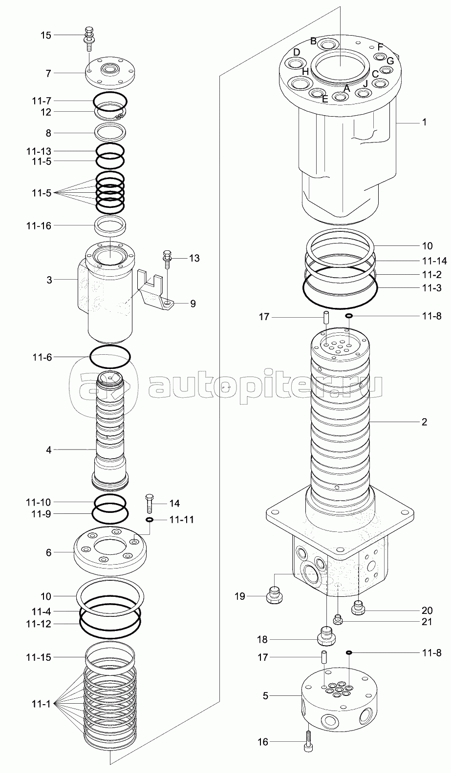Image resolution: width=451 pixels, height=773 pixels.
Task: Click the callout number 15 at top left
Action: click(45, 35)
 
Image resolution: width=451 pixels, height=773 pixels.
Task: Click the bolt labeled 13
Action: click(167, 258)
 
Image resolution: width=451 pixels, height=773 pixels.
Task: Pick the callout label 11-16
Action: click(39, 225)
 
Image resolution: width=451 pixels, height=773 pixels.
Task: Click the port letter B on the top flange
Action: click(314, 41)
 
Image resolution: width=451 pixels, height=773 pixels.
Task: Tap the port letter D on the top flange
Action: click(297, 52)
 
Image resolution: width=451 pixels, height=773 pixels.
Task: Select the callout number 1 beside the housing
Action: click(424, 122)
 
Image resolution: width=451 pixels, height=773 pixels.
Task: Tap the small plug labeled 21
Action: click(337, 620)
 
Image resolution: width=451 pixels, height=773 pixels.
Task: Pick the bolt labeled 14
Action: click(150, 502)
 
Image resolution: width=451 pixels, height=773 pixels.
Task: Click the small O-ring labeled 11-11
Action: click(150, 520)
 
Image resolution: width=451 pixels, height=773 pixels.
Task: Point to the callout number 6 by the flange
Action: click(48, 552)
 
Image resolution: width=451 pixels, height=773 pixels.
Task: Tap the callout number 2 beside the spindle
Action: click(424, 422)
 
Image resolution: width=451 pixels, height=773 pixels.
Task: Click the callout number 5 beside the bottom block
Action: click(265, 695)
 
